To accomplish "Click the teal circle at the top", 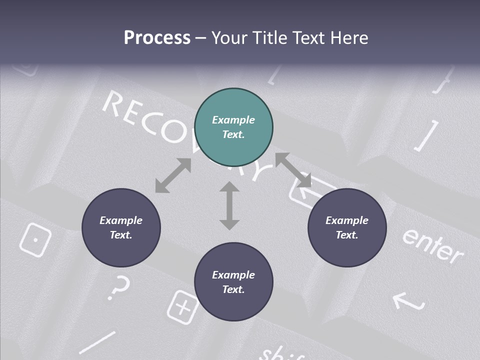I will click(233, 127).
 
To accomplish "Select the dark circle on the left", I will click(121, 227).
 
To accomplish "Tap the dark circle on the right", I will click(347, 227).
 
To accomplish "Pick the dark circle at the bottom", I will click(233, 282).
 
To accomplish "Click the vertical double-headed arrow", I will click(229, 205).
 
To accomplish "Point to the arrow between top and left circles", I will click(173, 175).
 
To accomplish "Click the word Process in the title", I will click(157, 37).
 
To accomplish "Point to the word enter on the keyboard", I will click(432, 245).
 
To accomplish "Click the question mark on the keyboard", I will click(119, 287).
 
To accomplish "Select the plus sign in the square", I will click(183, 305).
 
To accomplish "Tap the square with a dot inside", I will click(35, 239).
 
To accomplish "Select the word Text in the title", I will click(310, 37).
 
